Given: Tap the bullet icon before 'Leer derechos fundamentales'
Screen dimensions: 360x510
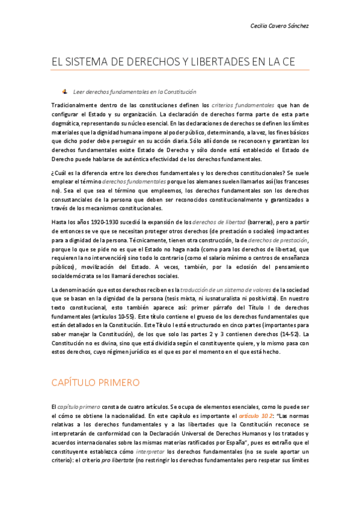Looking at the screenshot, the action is (x=64, y=91).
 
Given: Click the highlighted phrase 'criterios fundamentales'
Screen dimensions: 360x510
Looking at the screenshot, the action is (x=243, y=105).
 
